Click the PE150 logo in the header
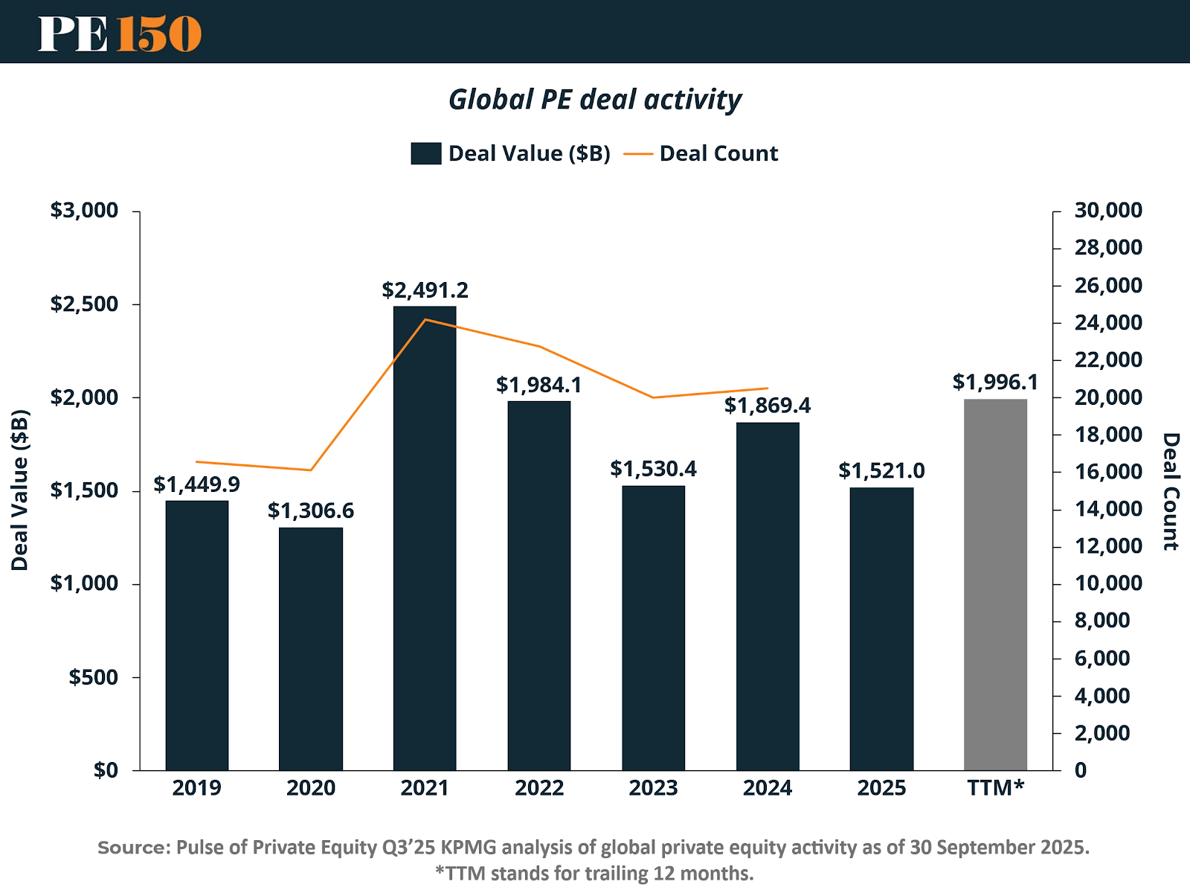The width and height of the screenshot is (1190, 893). point(120,33)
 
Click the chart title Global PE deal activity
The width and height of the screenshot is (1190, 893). point(595,100)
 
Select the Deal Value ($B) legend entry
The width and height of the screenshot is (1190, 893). point(511,153)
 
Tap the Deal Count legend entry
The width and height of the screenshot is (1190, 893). point(701,153)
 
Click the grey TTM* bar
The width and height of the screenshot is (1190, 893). point(995,584)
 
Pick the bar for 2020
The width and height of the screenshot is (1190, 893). point(311,648)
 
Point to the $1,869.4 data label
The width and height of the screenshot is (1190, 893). point(767,406)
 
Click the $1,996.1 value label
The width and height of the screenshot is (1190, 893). point(995,383)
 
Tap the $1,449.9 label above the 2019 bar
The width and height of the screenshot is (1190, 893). point(196,484)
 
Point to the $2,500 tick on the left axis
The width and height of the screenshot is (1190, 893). point(84,304)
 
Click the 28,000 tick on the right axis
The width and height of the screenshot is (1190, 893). point(1108,248)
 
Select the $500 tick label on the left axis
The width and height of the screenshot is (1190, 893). point(93,677)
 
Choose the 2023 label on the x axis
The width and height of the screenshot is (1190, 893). point(653,788)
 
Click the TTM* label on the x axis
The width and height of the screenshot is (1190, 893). point(995,788)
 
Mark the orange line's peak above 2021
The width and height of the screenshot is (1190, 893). point(425,320)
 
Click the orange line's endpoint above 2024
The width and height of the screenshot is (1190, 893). point(768,388)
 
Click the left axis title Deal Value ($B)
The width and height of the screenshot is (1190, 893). point(20,490)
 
